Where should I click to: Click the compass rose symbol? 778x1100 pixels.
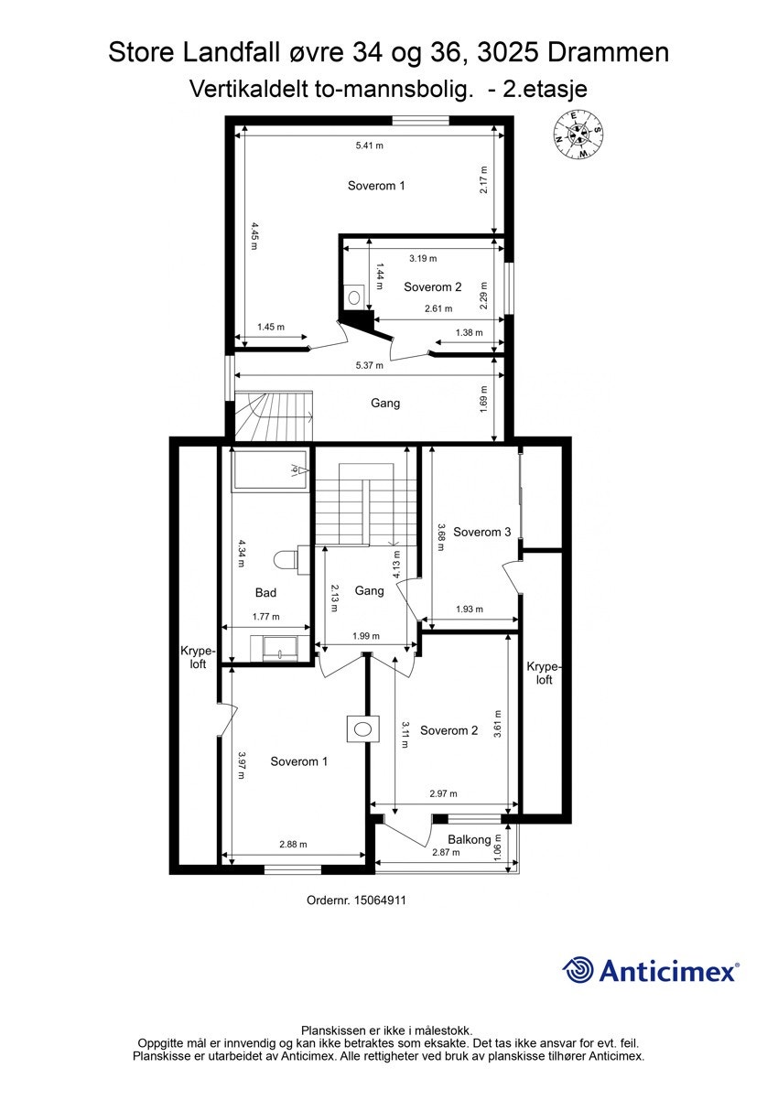(577, 135)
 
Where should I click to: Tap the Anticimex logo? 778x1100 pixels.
(650, 970)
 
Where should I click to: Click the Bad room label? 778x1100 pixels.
(265, 593)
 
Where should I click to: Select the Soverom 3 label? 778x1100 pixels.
(481, 532)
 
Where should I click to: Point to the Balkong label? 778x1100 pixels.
(469, 839)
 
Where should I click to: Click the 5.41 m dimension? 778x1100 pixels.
(369, 146)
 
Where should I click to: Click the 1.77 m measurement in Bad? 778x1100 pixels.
(265, 616)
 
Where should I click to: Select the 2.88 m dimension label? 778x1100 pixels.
(293, 845)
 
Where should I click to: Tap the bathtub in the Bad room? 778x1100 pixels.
(271, 469)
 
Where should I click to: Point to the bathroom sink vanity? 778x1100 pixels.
(281, 647)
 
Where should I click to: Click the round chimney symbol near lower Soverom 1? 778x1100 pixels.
(363, 728)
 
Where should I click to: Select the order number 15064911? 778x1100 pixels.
(356, 900)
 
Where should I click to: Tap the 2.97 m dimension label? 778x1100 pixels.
(443, 793)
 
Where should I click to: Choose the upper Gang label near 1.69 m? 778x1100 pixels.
(385, 403)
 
